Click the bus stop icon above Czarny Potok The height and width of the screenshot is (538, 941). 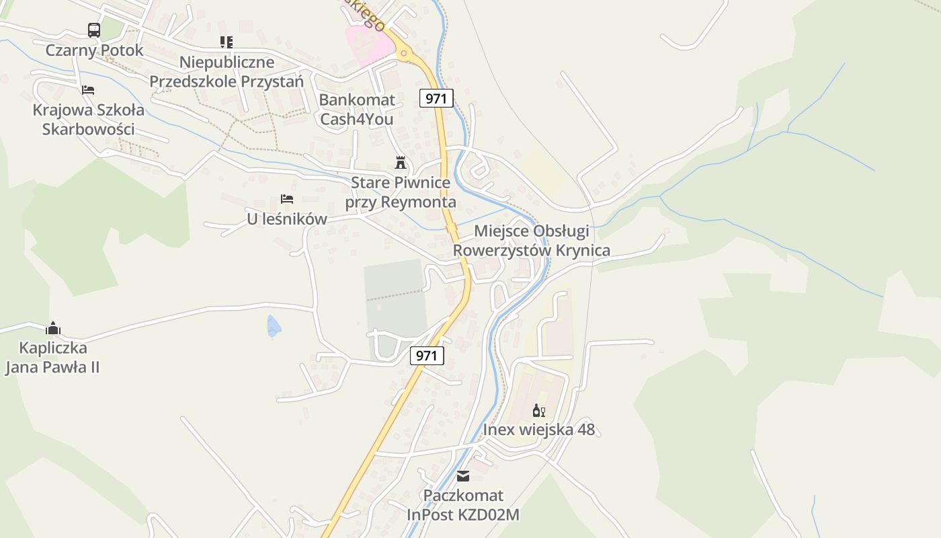point(94,30)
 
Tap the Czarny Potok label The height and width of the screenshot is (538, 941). point(94,50)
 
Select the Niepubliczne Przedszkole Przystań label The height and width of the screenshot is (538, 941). point(227,72)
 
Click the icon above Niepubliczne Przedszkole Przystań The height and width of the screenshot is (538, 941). point(227,42)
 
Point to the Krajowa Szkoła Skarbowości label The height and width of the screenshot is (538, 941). point(88,120)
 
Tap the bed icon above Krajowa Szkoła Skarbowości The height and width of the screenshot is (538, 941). point(88,89)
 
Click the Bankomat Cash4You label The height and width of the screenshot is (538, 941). point(357,110)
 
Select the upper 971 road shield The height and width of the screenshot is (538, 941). point(436,98)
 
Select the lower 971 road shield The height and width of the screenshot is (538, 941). point(427,356)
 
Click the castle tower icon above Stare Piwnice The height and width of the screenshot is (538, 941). point(401,162)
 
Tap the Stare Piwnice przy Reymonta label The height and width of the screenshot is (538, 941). point(401,192)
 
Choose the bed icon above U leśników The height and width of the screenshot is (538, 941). point(287,199)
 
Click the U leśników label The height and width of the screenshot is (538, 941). point(287,219)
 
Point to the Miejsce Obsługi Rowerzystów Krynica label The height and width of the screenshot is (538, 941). point(532,241)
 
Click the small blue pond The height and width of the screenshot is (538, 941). point(274,326)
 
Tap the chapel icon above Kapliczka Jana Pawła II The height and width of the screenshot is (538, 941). point(53,328)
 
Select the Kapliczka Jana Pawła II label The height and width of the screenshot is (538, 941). point(53,358)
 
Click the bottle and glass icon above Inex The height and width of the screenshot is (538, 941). point(539,410)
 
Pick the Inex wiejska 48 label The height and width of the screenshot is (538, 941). point(539,430)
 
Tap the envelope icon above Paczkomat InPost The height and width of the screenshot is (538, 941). point(463,476)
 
